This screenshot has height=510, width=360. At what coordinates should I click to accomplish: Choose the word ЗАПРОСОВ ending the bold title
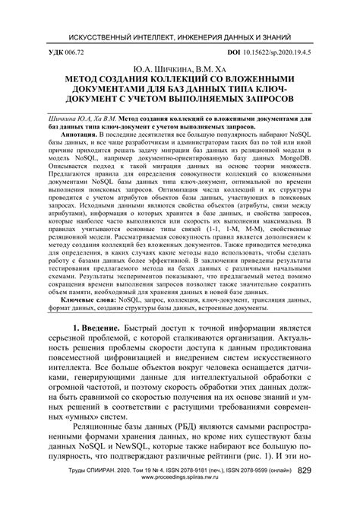pyautogui.click(x=258, y=100)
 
